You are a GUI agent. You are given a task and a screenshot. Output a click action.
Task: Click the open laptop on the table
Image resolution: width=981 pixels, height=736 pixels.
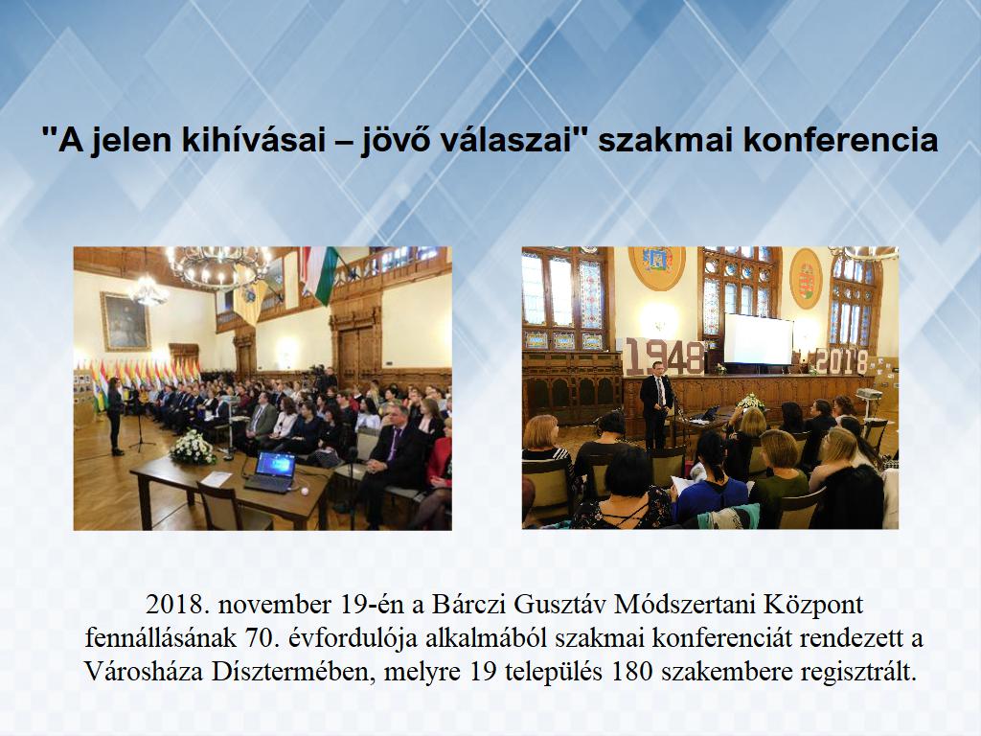point(271,471)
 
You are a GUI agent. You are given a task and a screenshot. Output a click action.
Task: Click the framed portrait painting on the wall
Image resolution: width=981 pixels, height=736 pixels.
point(125,321)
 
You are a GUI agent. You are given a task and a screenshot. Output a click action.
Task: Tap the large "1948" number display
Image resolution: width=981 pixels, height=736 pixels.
point(665,356)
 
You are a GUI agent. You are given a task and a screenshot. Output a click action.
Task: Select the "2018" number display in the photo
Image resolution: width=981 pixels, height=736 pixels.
point(842,361)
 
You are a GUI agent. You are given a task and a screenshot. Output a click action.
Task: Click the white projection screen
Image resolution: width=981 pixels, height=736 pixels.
point(759,338)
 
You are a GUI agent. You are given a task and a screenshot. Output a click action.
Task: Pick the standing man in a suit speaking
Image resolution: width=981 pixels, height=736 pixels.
point(655,404)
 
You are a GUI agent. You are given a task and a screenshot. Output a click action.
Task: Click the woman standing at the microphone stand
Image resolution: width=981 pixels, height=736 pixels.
point(115,416)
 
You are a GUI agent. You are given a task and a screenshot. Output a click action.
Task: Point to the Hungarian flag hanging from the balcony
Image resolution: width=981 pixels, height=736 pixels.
point(319,273)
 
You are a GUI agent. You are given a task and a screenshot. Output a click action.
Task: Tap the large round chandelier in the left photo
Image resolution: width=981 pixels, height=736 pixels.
point(218,268)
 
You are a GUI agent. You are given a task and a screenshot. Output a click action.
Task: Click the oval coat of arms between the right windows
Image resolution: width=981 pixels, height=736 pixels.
point(806,279)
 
